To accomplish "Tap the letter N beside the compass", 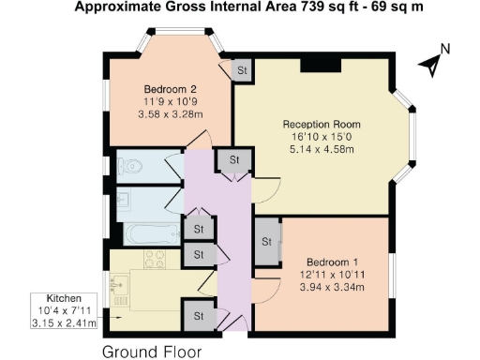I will point(446,50).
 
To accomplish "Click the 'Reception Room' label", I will point(322,123).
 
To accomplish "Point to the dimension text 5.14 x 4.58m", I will point(322,147).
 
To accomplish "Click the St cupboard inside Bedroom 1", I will point(266,241).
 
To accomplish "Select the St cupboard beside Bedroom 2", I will point(241,71).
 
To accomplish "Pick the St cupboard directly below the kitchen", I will point(199,316).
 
